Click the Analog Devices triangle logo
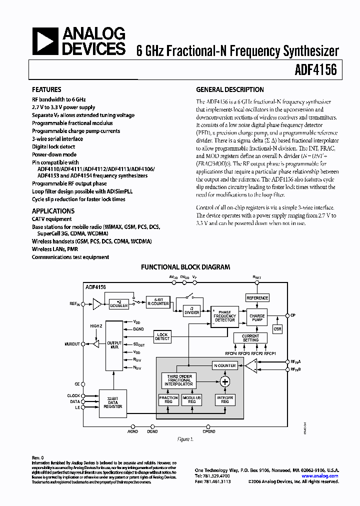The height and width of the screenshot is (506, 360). [x=45, y=41]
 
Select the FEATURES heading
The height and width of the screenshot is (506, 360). [x=46, y=90]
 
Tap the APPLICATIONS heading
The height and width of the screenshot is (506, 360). [x=53, y=211]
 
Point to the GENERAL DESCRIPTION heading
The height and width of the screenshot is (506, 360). [x=229, y=90]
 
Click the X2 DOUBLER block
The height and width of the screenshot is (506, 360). [x=119, y=303]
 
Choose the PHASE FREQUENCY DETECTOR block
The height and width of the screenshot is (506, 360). [x=224, y=316]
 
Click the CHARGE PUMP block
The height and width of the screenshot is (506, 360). [x=257, y=317]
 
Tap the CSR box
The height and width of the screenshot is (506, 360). [x=277, y=329]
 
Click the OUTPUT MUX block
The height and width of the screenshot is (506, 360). [x=114, y=345]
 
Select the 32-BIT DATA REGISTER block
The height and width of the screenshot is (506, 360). [x=112, y=402]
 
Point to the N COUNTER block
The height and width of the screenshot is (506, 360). [x=224, y=365]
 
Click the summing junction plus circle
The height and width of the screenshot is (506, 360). [x=224, y=381]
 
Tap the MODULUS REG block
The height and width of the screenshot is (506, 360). [x=191, y=399]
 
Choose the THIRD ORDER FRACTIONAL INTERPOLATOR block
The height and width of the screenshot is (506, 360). [x=179, y=381]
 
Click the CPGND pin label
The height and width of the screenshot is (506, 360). [x=209, y=431]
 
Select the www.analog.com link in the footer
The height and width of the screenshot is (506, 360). [x=323, y=476]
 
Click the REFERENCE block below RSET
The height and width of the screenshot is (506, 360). [x=257, y=298]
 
